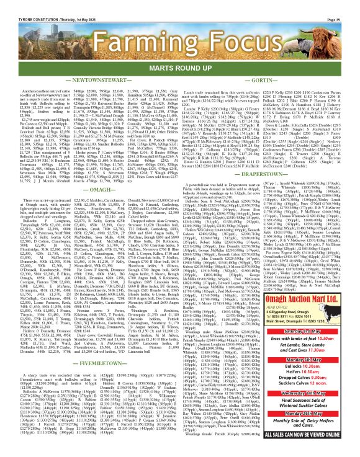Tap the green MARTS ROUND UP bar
click(179, 51)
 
